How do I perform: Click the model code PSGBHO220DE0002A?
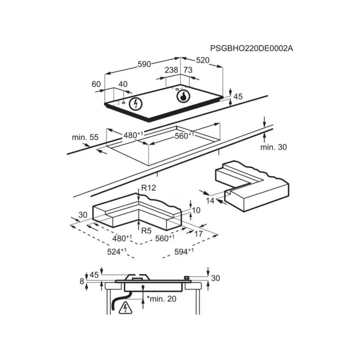251,49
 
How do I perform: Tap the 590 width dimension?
144,64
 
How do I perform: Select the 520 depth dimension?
202,60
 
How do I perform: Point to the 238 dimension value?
171,70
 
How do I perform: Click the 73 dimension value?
188,70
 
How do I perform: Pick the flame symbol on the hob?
183,96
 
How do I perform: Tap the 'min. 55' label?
85,137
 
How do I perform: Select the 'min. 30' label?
274,147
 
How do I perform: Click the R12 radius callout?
149,188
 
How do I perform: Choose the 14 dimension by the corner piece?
210,201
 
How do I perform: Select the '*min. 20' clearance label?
161,299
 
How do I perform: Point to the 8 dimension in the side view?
82,281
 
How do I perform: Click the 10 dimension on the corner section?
196,210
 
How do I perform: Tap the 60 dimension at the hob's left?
96,84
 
